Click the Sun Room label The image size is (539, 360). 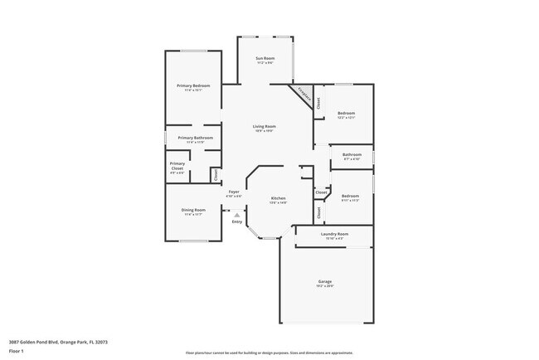tap(265, 59)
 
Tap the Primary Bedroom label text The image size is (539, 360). tap(193, 85)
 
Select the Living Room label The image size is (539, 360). tap(265, 126)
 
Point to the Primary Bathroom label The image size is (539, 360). tap(196, 138)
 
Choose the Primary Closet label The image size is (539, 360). tap(177, 165)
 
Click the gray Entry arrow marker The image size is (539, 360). tap(237, 214)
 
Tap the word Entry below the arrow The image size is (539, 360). tap(237, 221)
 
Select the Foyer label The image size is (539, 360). tap(235, 192)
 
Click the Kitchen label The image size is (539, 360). tap(278, 198)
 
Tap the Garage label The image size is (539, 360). tap(325, 282)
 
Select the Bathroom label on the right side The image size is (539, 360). tap(352, 154)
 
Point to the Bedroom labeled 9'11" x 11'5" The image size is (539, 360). tap(350, 197)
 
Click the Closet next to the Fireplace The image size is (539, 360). tap(318, 103)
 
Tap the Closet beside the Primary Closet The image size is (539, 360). tap(216, 174)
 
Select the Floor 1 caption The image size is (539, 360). tap(17, 351)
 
